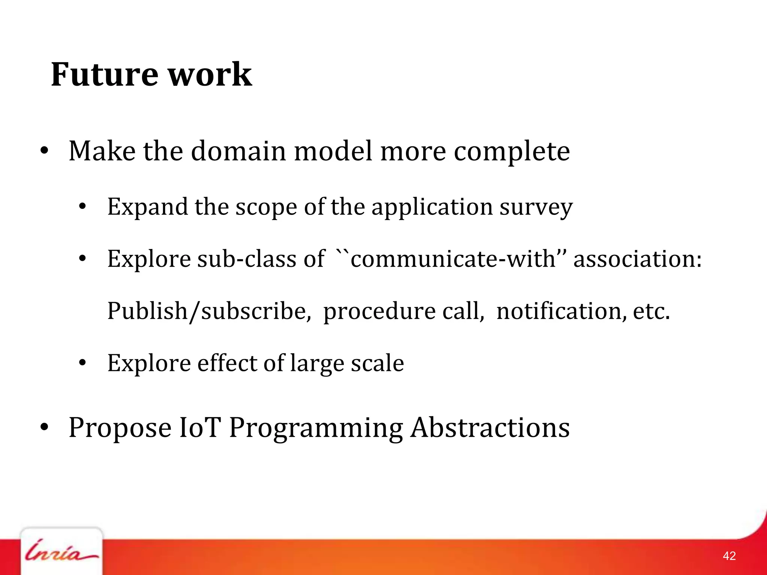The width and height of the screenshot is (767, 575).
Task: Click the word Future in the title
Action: click(104, 74)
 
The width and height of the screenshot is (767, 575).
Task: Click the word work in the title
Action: click(210, 74)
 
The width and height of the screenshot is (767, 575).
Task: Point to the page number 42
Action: click(729, 556)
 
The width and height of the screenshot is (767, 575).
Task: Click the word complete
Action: click(512, 152)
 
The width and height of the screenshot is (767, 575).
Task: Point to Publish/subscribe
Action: click(209, 311)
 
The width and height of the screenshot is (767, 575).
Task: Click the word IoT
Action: click(200, 428)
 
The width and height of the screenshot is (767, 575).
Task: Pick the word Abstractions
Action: click(490, 428)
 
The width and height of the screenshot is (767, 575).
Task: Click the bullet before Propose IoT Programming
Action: click(44, 428)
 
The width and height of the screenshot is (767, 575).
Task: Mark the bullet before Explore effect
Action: click(83, 363)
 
